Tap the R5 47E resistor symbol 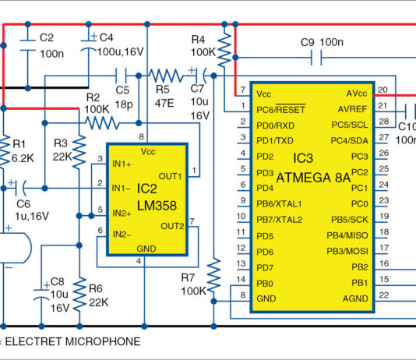164,75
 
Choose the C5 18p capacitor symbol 122,75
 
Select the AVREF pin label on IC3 355,108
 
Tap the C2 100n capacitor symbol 28,48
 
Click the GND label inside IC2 146,247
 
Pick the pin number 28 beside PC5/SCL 383,122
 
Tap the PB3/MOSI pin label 347,252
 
